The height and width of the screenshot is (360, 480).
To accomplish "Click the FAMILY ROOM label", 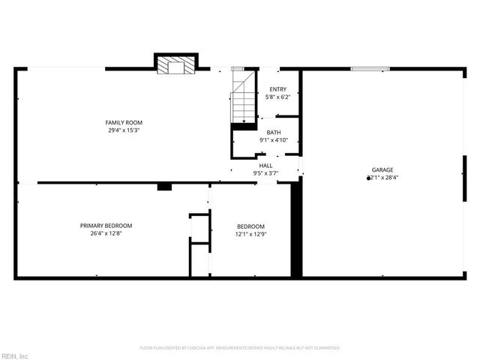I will [x=124, y=122].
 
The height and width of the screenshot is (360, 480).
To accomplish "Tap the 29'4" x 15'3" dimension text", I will [x=124, y=130].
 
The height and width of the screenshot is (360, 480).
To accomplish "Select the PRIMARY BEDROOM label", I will [x=106, y=226].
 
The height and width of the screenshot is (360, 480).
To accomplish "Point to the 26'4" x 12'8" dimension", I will [x=106, y=233].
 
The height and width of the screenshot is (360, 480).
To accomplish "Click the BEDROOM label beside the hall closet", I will [x=250, y=226].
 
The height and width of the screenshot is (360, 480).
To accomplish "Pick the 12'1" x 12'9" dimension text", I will [x=250, y=234].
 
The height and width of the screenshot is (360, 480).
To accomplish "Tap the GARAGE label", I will [x=382, y=170].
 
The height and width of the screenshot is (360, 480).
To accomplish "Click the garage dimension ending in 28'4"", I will [x=382, y=178].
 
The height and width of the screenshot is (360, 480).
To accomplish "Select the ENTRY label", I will [x=277, y=89].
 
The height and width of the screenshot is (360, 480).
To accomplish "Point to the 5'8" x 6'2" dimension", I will [x=277, y=97].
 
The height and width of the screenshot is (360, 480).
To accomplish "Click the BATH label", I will [x=274, y=132].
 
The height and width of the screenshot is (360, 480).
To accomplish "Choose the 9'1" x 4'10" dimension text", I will [x=274, y=139].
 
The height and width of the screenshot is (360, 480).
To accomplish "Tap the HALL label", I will [x=266, y=166].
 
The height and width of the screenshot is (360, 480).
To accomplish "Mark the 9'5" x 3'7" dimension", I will [x=266, y=173].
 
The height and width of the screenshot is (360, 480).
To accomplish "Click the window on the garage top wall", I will [x=370, y=70].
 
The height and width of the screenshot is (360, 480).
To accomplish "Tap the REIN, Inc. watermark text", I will [x=14, y=355].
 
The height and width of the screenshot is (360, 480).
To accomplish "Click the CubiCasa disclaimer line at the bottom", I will [x=240, y=348].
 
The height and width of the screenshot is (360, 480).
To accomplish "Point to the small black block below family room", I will [x=164, y=186].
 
